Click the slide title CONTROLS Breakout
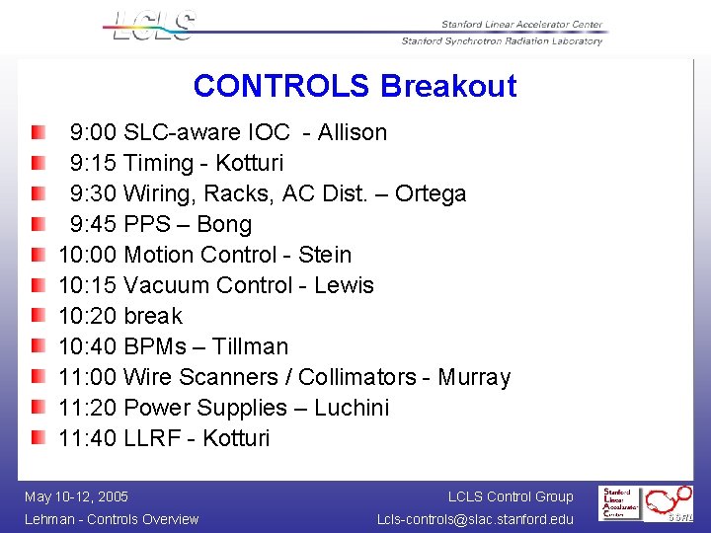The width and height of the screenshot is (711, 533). [355, 86]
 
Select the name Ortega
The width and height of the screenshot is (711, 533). [431, 193]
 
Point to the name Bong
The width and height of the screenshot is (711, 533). [224, 224]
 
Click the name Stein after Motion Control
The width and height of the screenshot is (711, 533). [325, 255]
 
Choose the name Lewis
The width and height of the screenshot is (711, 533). [344, 285]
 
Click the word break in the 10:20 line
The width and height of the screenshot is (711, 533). [153, 316]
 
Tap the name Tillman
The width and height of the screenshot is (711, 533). [251, 346]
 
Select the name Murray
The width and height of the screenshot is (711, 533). [474, 377]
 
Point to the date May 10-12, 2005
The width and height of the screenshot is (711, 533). [76, 496]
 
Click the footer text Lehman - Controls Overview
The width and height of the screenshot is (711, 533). [111, 519]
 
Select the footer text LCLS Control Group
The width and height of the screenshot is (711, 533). [510, 496]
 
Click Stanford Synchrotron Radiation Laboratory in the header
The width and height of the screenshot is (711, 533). [502, 40]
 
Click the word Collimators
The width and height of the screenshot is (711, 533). [357, 377]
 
